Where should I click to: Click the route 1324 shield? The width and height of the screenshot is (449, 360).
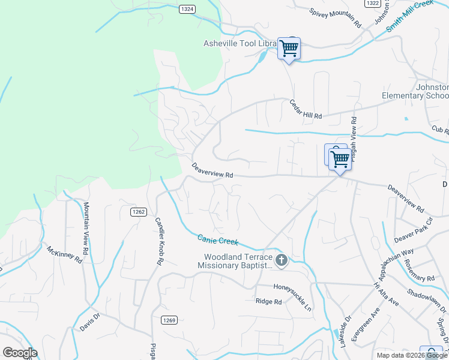[x=187, y=9]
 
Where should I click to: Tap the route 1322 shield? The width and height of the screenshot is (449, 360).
[x=372, y=4]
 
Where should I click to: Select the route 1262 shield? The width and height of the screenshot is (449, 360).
[x=139, y=211]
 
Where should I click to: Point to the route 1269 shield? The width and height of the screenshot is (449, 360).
[x=169, y=320]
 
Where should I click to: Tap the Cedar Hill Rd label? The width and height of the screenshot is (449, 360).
[x=306, y=109]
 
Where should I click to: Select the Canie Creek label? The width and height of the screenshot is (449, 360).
[x=218, y=239]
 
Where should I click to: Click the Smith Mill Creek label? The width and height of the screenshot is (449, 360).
[x=410, y=16]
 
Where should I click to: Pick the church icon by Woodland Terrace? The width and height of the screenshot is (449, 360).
[x=282, y=260]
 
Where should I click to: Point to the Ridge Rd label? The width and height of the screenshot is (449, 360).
[x=268, y=302]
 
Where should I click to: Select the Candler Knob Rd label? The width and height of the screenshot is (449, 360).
[x=160, y=241]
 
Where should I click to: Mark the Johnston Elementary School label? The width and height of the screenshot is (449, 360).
[x=415, y=91]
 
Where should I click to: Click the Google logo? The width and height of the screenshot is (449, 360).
[x=20, y=353]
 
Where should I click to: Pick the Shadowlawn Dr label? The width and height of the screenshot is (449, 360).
[x=428, y=298]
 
